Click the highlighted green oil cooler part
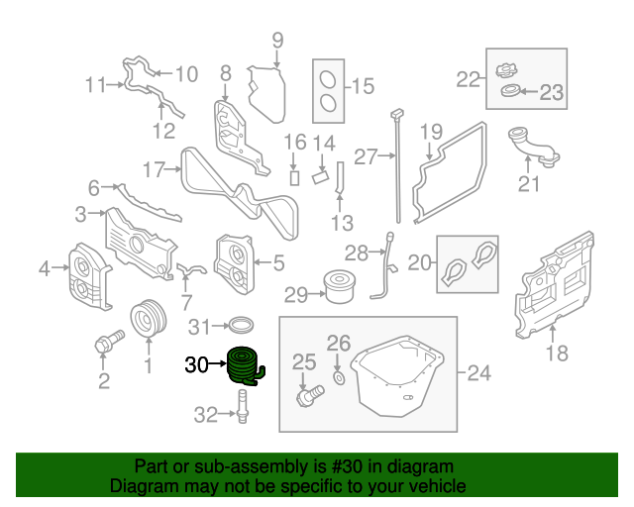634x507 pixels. [245, 366]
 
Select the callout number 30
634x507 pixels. [196, 364]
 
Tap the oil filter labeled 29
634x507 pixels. [339, 286]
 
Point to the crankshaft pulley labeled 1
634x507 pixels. [149, 318]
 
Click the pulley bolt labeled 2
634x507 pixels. [109, 341]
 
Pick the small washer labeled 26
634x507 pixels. [339, 378]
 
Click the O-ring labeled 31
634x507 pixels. [242, 324]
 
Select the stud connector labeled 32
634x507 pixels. [242, 406]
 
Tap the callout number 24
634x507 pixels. [479, 372]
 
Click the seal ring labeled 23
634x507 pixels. [510, 90]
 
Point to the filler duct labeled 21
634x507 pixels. [534, 147]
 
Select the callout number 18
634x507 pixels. [557, 353]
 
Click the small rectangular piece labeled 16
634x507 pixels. [295, 178]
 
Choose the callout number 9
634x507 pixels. [277, 41]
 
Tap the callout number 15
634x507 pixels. [364, 86]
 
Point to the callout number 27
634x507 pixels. [366, 156]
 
